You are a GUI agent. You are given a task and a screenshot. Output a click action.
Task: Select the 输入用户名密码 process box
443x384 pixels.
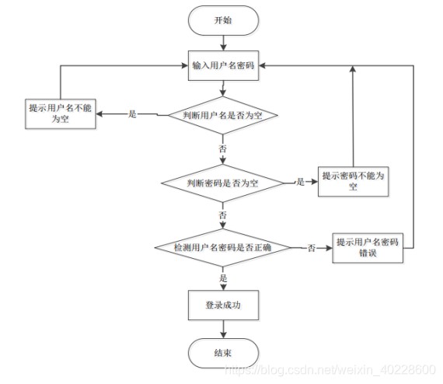pos(222,67)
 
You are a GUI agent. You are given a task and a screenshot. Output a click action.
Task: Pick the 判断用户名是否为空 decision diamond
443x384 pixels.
pos(223,115)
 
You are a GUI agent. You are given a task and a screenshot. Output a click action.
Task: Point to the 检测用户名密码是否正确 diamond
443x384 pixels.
pos(223,248)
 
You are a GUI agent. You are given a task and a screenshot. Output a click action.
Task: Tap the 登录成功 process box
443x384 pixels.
pos(222,305)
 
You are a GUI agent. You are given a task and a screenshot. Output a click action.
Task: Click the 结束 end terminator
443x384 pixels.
pos(222,353)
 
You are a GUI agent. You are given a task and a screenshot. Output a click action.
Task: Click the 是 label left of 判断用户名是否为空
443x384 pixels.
pos(132,115)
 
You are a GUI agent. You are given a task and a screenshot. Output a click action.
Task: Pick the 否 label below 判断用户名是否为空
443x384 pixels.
pos(223,148)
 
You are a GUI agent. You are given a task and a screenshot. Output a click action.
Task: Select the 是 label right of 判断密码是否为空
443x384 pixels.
pos(300,182)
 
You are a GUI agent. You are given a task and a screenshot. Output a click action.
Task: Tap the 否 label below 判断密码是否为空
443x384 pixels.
pos(223,215)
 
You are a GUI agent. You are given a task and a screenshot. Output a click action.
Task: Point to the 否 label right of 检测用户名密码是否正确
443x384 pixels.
pos(312,248)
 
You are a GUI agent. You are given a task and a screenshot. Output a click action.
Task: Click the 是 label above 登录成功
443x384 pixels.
pos(223,278)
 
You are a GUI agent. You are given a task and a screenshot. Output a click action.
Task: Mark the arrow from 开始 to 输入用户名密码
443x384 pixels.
pos(222,44)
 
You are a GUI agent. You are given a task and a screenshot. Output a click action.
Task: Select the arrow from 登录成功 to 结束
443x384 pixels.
pos(222,330)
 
